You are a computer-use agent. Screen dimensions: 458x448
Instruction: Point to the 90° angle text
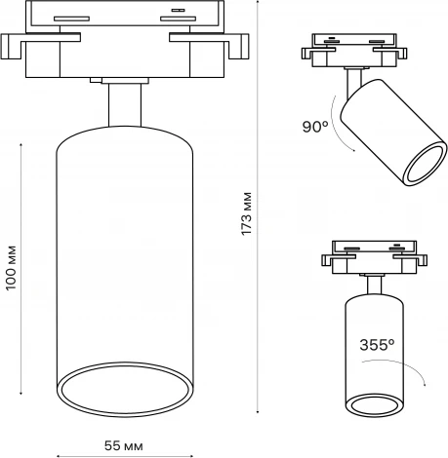click(x=315, y=126)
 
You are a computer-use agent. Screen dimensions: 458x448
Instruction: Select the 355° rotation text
click(x=377, y=344)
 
